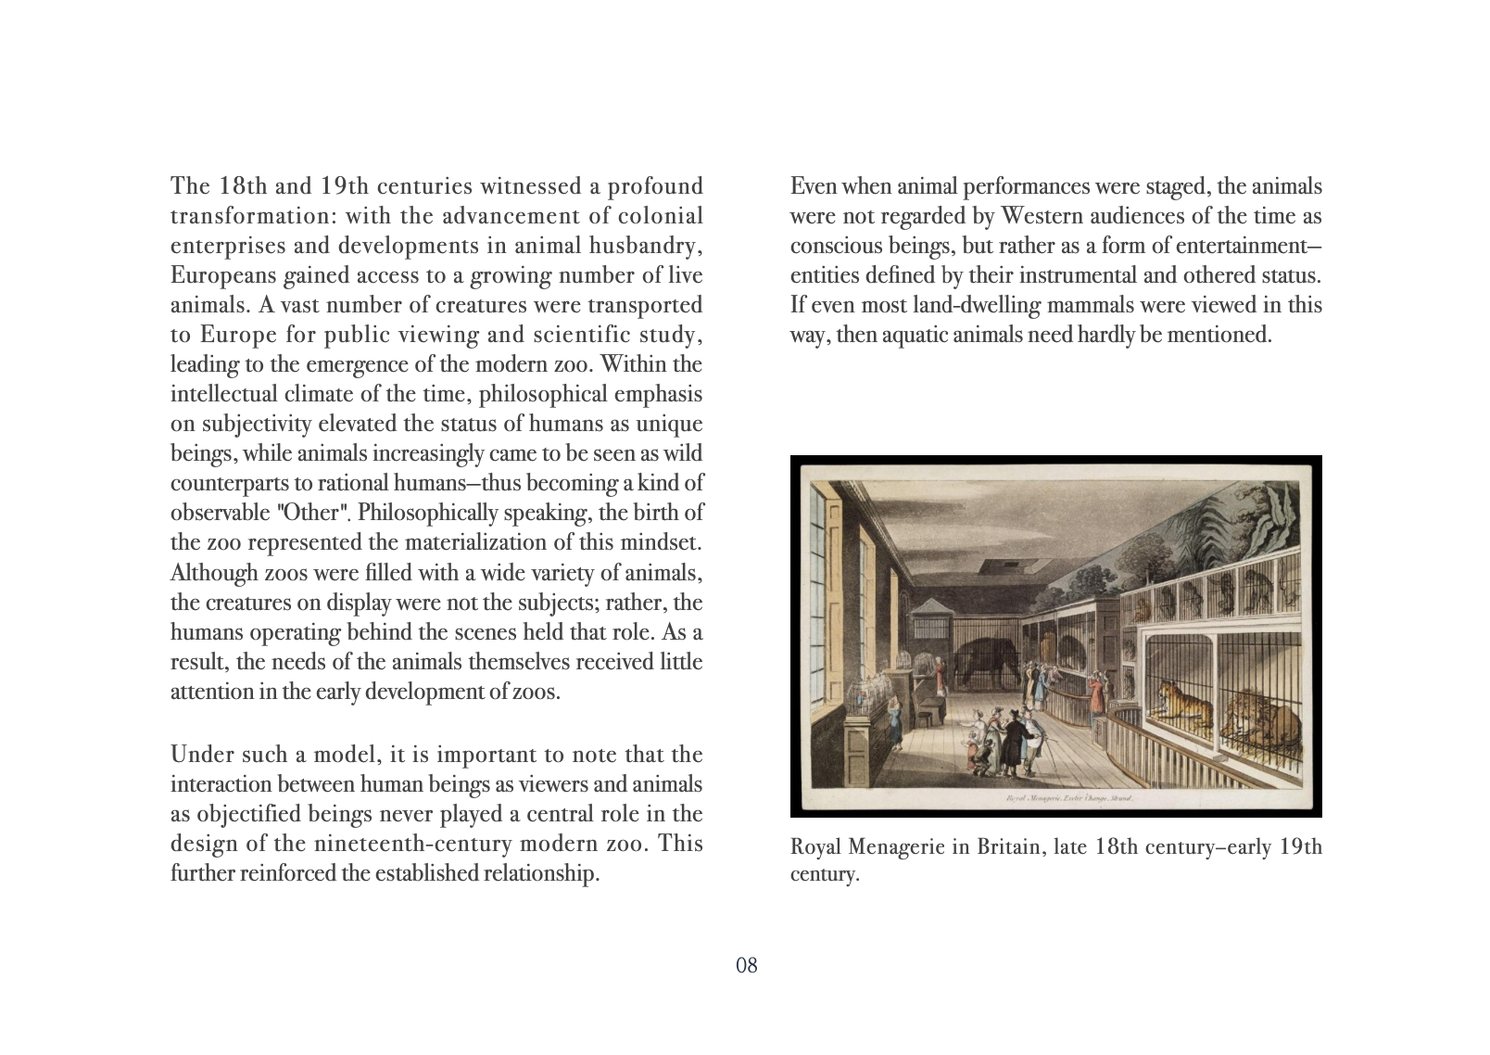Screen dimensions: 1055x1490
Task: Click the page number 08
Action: coord(746,966)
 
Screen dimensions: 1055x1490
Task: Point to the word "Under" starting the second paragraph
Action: coord(199,755)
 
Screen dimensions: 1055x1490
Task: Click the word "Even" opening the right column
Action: coord(810,186)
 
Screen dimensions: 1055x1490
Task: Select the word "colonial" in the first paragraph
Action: coord(663,217)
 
